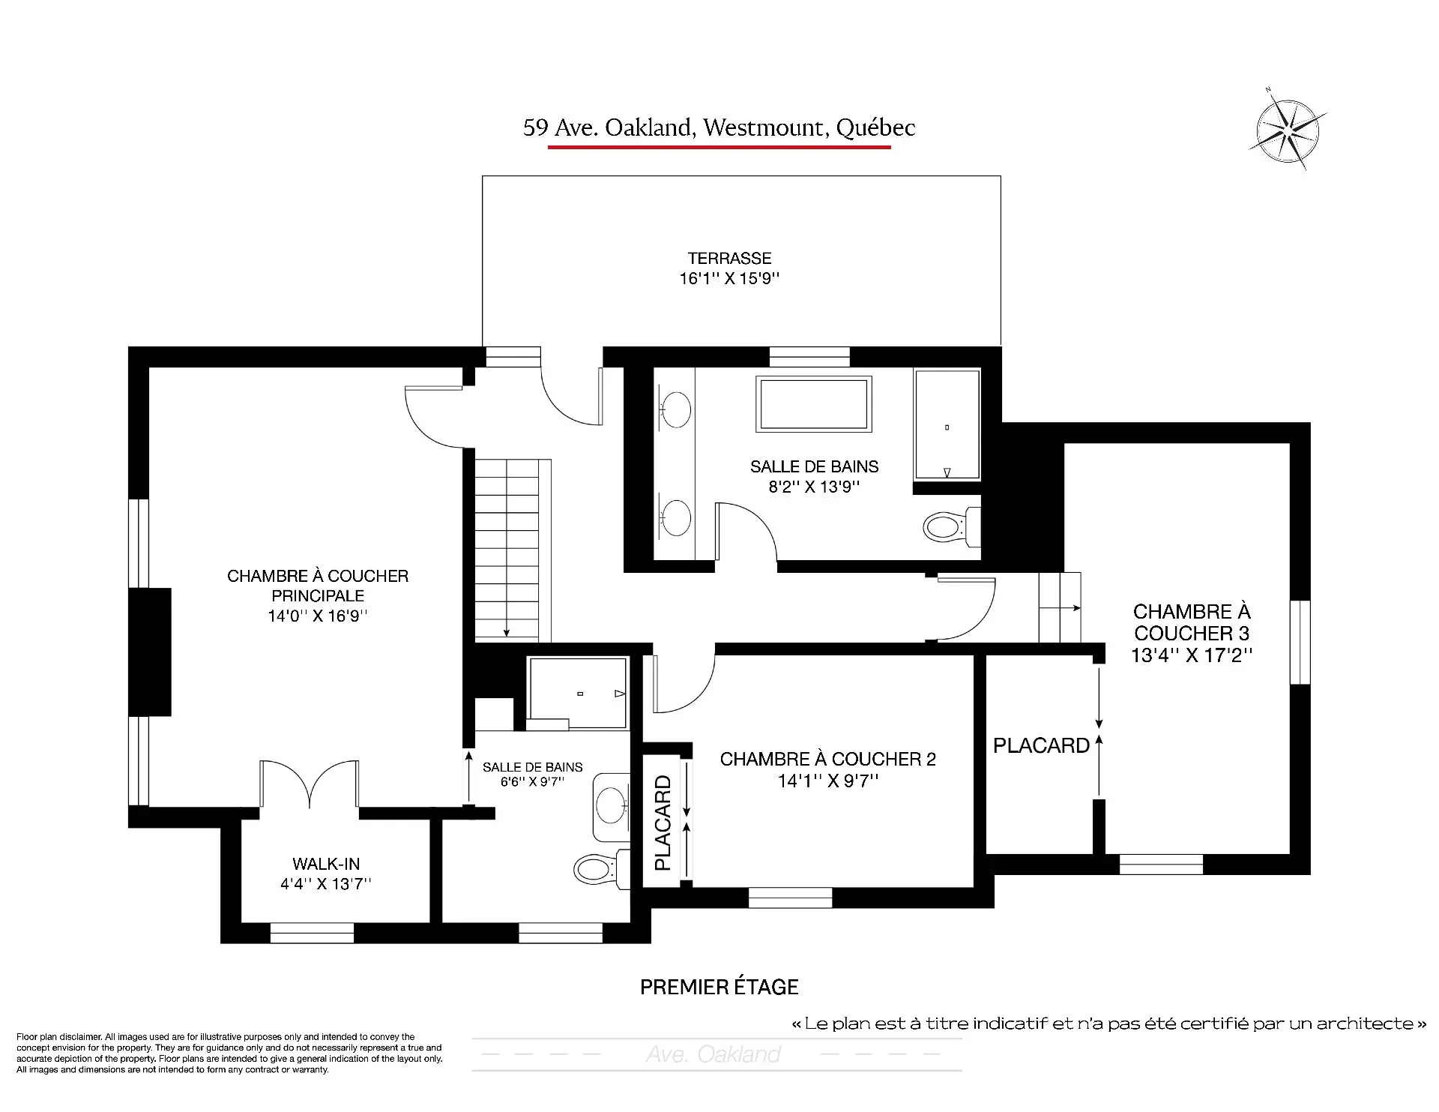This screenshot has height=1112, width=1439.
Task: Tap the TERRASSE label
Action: (729, 259)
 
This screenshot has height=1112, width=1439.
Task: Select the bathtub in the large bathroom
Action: (814, 403)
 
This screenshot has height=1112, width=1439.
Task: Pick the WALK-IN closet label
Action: (326, 864)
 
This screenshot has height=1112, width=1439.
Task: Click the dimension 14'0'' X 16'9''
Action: (318, 616)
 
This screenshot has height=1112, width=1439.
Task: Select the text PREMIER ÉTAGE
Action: (719, 987)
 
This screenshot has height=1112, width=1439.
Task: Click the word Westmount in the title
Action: (763, 127)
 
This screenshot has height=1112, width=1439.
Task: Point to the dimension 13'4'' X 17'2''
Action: (1192, 655)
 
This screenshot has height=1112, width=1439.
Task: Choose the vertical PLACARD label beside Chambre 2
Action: (663, 823)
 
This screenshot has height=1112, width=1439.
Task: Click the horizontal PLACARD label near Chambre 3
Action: (1041, 745)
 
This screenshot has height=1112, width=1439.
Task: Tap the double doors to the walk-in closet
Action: (309, 784)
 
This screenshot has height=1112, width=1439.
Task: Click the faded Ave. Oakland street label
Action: (714, 1054)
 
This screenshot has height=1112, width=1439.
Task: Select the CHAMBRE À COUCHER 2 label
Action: (828, 760)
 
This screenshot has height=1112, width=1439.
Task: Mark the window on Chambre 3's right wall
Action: (1300, 642)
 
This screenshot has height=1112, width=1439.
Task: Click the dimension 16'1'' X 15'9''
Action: (729, 279)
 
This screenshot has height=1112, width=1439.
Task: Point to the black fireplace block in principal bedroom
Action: (150, 652)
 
